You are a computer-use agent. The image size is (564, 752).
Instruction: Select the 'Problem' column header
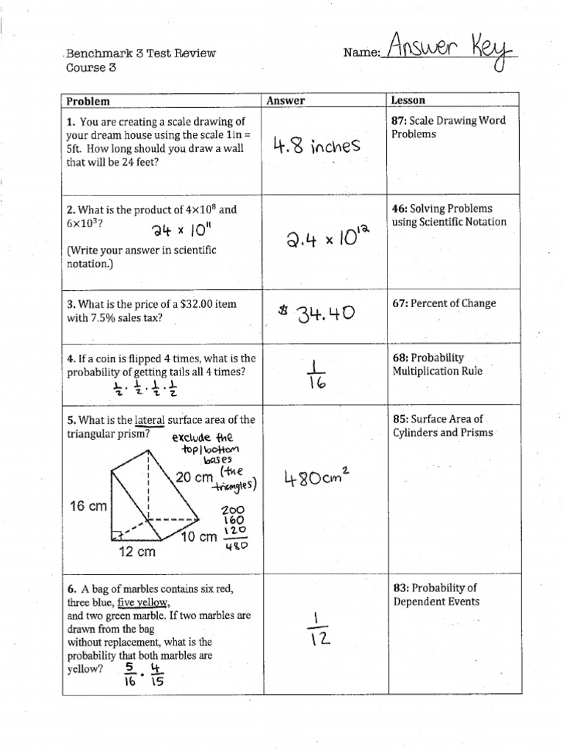pos(88,101)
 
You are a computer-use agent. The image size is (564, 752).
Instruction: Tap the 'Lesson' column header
pos(409,100)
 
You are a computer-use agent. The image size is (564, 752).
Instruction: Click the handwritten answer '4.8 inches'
pos(316,145)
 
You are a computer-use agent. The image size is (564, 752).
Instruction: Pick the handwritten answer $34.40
pos(317,314)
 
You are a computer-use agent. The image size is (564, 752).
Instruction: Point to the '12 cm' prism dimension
pos(137,552)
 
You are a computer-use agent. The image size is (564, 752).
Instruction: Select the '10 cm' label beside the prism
pos(199,537)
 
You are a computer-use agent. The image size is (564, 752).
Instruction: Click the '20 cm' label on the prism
pos(194,478)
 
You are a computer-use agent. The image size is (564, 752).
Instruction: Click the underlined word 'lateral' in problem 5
pos(150,420)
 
